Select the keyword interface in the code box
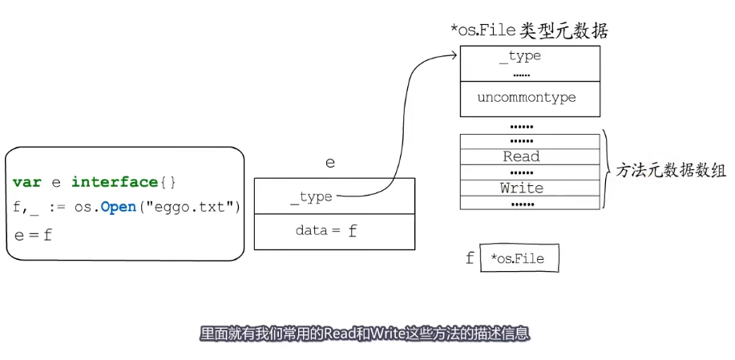pos(114,183)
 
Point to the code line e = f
pos(33,235)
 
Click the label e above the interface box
pos(329,163)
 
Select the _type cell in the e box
pos(311,196)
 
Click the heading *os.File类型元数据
pos(530,31)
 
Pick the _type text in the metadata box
pos(520,56)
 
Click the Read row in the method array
pos(521,156)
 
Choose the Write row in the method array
pos(521,188)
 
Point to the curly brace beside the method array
pos(608,170)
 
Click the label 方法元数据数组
pos(670,171)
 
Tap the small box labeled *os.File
pos(519,258)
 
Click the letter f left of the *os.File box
pos(470,258)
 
